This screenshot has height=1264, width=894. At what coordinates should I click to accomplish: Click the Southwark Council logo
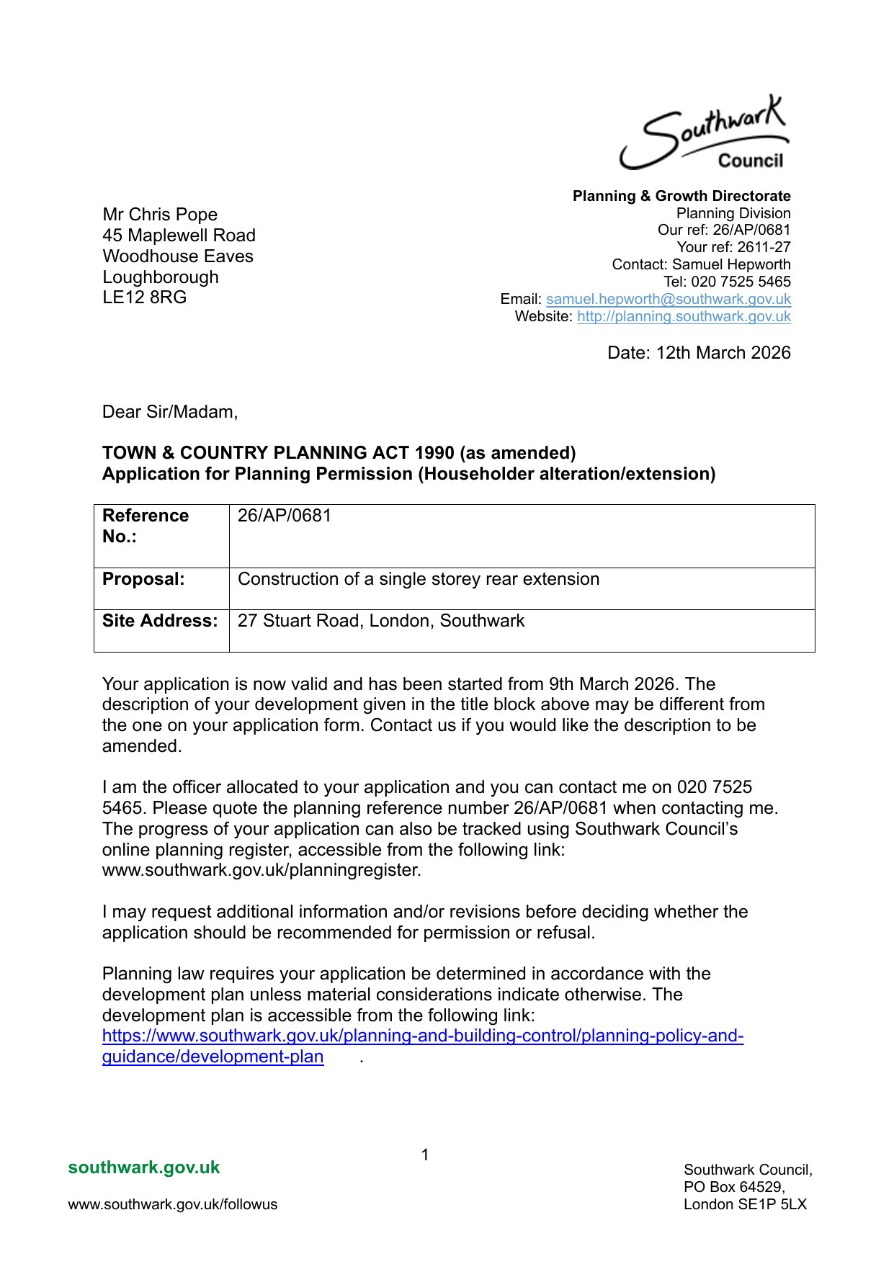pyautogui.click(x=704, y=133)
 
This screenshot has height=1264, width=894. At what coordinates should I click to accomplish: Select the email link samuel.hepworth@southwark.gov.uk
pyautogui.click(x=668, y=299)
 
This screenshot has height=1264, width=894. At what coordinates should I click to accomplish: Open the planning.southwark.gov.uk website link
pyautogui.click(x=684, y=316)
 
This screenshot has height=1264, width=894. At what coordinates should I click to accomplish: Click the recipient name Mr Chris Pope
pyautogui.click(x=160, y=215)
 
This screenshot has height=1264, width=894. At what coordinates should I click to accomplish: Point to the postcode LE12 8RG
pyautogui.click(x=144, y=297)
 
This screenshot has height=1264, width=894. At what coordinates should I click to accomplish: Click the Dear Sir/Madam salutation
pyautogui.click(x=170, y=412)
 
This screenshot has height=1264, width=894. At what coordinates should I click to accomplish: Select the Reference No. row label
pyautogui.click(x=146, y=526)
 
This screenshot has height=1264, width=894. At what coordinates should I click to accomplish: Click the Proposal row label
pyautogui.click(x=143, y=580)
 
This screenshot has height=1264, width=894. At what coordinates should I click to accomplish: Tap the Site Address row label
pyautogui.click(x=160, y=621)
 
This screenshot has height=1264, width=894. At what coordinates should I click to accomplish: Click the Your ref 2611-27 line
pyautogui.click(x=733, y=247)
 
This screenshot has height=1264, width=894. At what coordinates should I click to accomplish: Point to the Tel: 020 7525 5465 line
pyautogui.click(x=727, y=282)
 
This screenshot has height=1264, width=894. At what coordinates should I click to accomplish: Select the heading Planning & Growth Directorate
pyautogui.click(x=681, y=196)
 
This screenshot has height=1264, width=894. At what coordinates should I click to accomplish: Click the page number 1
pyautogui.click(x=425, y=1155)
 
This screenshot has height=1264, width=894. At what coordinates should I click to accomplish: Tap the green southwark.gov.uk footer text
pyautogui.click(x=144, y=1167)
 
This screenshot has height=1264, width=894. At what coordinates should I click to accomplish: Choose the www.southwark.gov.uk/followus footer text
pyautogui.click(x=173, y=1204)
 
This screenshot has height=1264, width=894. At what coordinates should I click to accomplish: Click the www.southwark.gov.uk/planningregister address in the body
pyautogui.click(x=262, y=870)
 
